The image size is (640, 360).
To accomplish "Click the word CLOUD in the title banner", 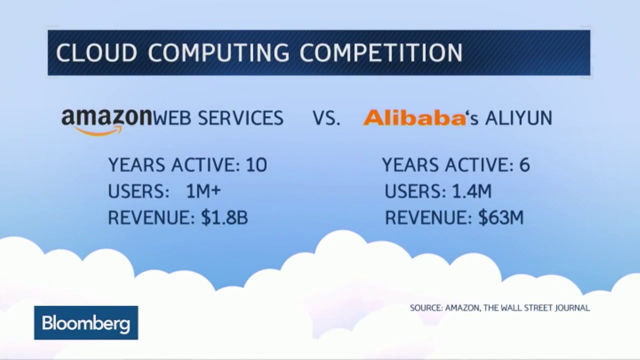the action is (x=96, y=52).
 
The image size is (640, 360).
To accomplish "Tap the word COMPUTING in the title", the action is (x=218, y=52).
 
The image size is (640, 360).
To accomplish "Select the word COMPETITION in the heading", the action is (x=381, y=52).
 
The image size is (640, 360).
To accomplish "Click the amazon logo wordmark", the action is (x=106, y=117).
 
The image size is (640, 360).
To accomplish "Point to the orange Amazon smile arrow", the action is (x=99, y=131).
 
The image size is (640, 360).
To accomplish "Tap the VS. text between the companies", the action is (x=326, y=117).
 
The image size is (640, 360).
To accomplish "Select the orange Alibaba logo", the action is (x=414, y=117).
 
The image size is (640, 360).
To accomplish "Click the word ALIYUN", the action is (x=519, y=117).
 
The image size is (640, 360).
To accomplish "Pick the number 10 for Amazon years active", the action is (x=256, y=165).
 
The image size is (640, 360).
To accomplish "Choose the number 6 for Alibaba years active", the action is (x=524, y=165).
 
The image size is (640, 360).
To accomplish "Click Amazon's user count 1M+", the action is (x=203, y=191).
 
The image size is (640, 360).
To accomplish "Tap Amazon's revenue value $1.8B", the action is (x=224, y=217).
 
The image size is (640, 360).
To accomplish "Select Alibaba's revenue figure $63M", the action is (x=501, y=217).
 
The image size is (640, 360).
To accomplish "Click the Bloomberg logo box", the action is (x=86, y=323).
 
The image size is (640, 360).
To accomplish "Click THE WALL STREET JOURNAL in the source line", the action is (x=536, y=308).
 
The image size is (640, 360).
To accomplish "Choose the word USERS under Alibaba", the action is (x=415, y=191).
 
